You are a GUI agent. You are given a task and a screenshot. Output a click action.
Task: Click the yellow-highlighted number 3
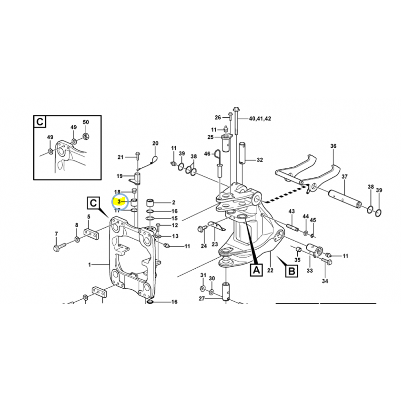click(119, 202)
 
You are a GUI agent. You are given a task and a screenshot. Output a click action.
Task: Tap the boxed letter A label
click(256, 270)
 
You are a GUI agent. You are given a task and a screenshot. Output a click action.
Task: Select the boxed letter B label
click(292, 271)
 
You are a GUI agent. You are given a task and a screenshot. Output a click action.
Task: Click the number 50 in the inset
click(86, 122)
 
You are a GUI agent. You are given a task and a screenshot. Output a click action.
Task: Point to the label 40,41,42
click(260, 119)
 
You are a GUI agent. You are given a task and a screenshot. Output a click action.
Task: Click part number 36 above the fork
click(333, 146)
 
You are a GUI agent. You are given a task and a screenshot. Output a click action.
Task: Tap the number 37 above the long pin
click(344, 177)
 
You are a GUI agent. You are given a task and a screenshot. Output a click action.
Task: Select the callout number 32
click(260, 160)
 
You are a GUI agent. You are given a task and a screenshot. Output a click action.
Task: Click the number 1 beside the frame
click(90, 265)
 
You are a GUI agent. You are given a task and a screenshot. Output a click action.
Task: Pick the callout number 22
click(270, 270)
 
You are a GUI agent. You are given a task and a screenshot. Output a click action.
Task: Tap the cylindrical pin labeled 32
click(242, 153)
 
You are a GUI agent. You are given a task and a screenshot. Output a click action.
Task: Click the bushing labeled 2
click(150, 203)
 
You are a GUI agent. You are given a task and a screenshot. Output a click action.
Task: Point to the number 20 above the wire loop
click(155, 143)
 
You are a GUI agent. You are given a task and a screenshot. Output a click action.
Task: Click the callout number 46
click(207, 154)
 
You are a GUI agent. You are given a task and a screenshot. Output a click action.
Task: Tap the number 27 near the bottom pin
click(202, 299)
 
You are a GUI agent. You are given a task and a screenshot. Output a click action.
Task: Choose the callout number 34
click(325, 281)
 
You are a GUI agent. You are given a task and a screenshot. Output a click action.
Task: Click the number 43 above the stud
click(292, 211)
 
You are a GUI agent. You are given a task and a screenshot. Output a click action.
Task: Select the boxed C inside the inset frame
click(40, 122)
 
